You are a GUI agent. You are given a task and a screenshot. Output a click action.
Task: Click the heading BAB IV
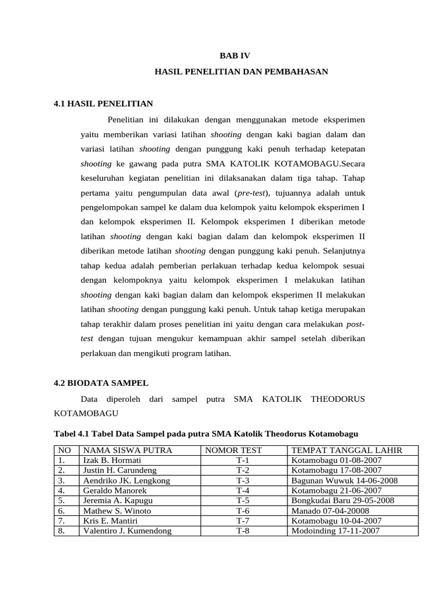236,56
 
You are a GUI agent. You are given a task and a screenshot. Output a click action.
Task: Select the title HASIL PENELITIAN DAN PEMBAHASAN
242,72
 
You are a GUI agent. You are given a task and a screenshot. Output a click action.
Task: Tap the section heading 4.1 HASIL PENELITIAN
103,104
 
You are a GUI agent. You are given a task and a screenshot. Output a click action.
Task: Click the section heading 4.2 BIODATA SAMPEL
101,383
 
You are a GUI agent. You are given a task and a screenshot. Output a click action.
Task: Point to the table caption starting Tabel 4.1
206,433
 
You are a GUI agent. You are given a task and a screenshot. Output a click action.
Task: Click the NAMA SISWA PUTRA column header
127,450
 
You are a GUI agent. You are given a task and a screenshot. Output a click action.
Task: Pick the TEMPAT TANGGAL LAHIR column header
346,450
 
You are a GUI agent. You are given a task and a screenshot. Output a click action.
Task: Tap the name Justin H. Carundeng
120,470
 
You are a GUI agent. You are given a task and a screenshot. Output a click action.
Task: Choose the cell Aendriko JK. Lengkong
126,481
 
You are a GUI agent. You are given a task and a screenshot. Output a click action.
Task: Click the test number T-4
242,490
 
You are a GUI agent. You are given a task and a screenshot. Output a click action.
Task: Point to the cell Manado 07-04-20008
330,511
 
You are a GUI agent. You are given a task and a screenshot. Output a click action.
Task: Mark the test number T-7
242,521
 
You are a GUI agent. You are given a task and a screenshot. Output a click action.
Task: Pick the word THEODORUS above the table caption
338,399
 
